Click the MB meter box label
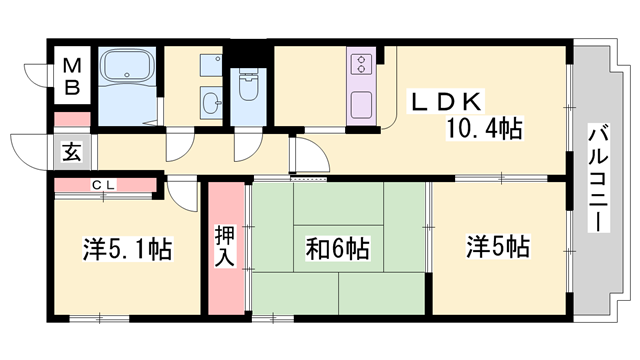[72, 75]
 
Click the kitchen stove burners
[360, 67]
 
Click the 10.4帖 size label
[483, 128]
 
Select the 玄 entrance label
[72, 153]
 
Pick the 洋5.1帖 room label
[126, 248]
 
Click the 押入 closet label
[225, 246]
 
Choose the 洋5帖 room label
[497, 246]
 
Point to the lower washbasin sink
[211, 101]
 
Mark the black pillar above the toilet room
[247, 51]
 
